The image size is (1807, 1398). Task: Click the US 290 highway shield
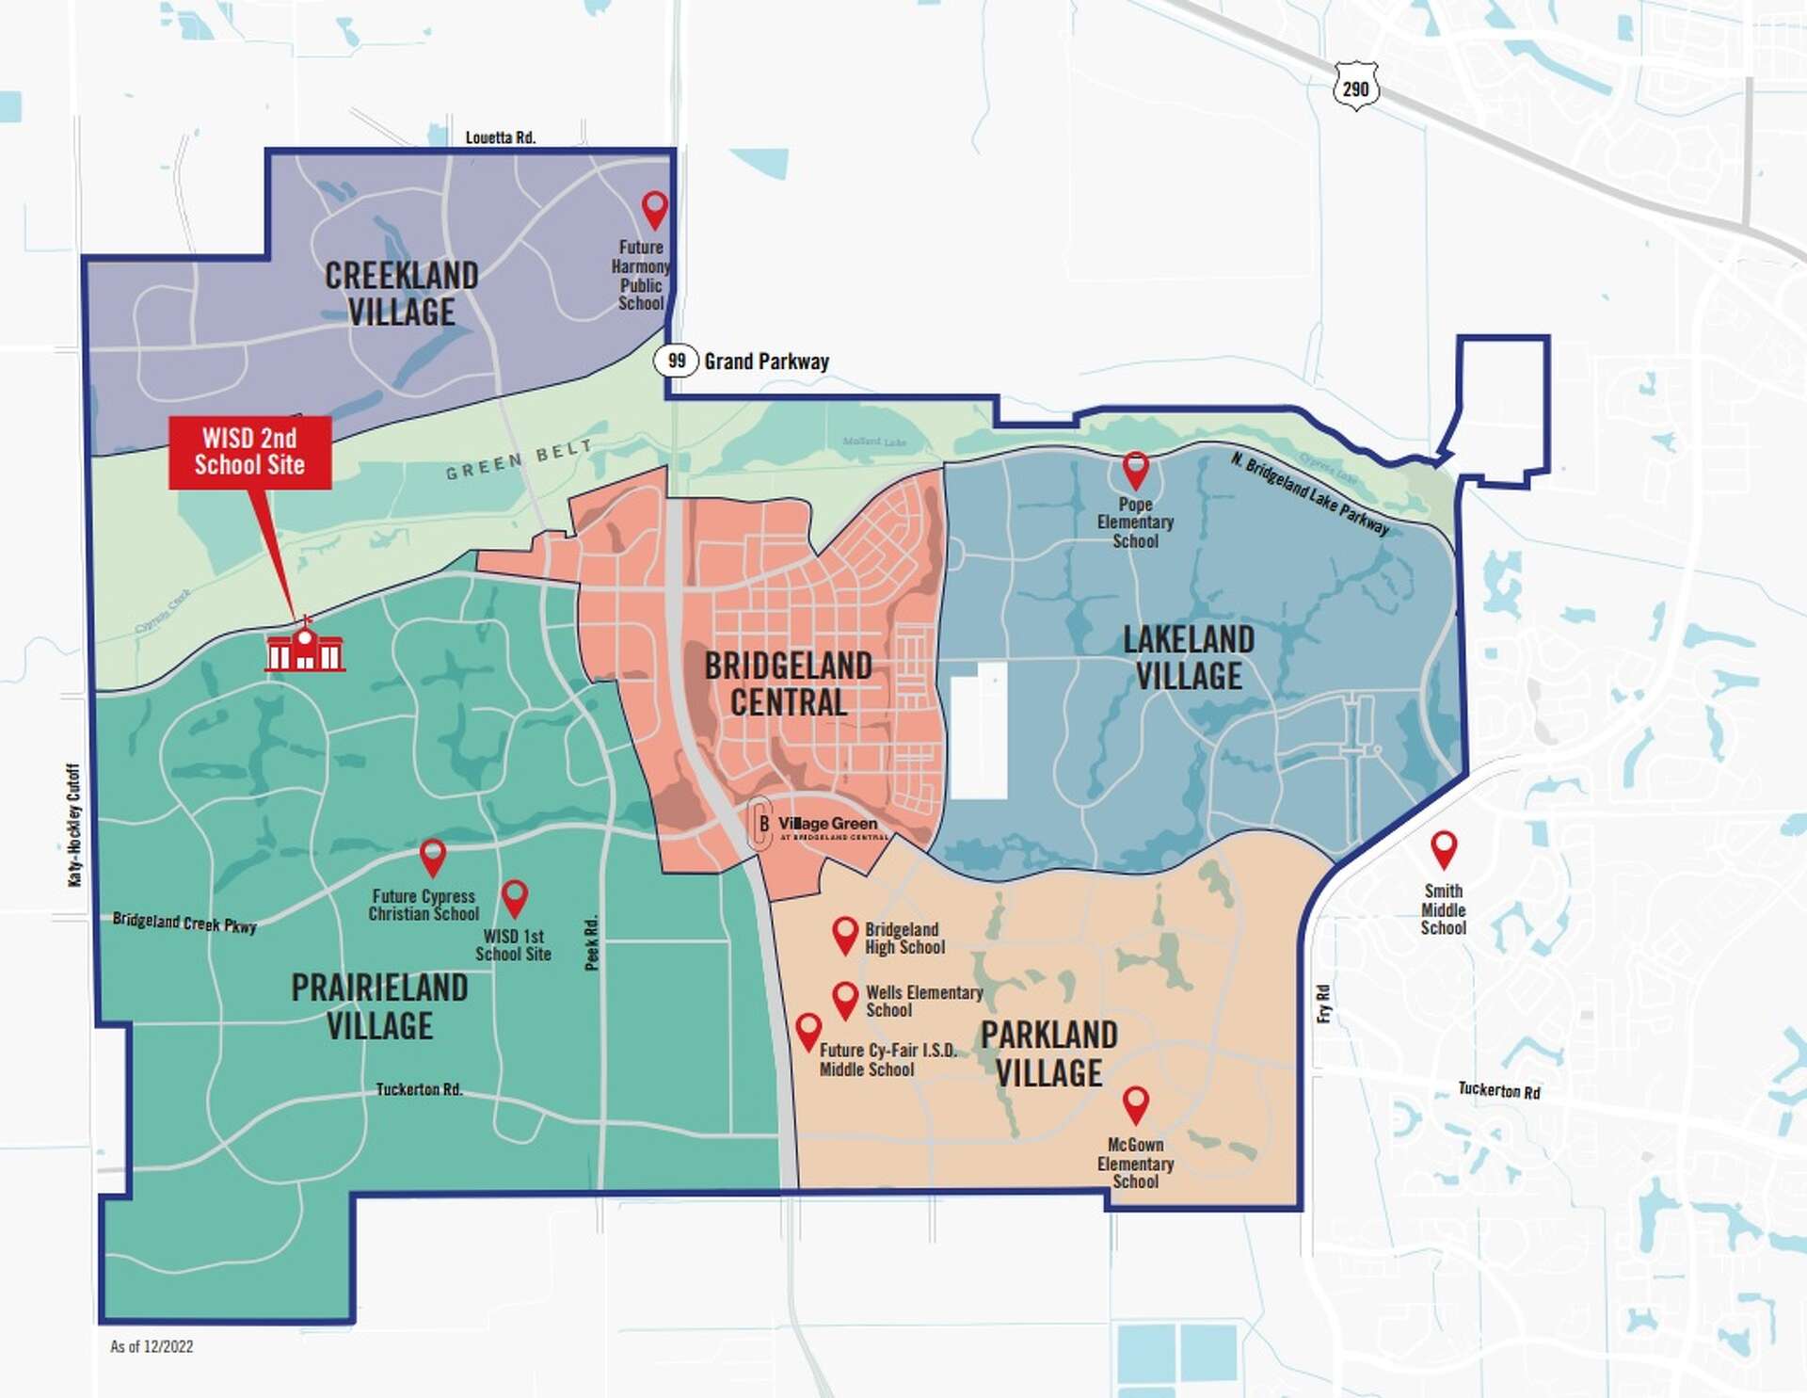tap(1355, 88)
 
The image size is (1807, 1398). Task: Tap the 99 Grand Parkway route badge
tap(676, 361)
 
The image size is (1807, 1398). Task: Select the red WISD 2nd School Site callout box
tap(249, 452)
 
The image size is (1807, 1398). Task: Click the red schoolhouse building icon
tap(305, 648)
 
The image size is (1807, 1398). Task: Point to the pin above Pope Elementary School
tap(1136, 468)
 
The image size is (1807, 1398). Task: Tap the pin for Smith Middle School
tap(1444, 847)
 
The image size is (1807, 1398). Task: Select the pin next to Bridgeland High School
tap(845, 933)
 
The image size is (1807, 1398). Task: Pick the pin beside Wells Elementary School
tap(845, 998)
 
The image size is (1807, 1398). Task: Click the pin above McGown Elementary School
tap(1136, 1102)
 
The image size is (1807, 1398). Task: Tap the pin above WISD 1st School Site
tap(514, 896)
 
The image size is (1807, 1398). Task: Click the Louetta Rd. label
tap(501, 137)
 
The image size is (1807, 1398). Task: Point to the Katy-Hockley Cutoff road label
tap(74, 825)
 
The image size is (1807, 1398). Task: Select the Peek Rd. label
tap(591, 942)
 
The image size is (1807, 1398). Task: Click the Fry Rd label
tap(1323, 1004)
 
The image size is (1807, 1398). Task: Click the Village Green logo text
tap(827, 824)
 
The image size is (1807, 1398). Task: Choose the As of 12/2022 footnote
tap(152, 1346)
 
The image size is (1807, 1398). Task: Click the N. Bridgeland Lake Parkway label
tap(1309, 493)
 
